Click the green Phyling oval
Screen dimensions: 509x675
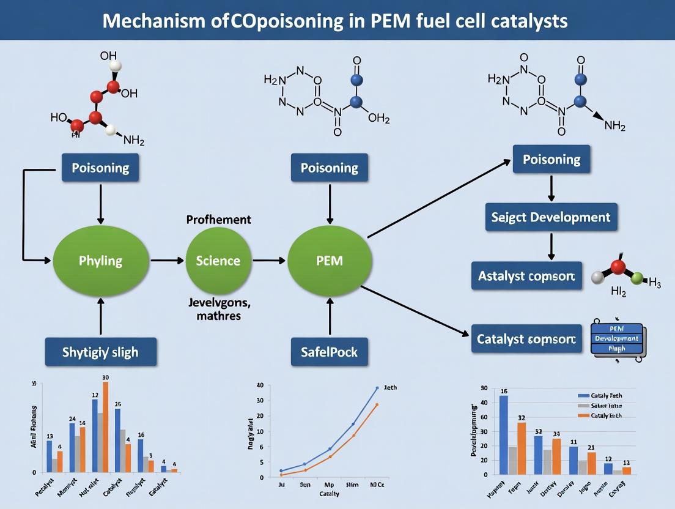click(x=100, y=261)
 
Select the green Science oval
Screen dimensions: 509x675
click(x=218, y=261)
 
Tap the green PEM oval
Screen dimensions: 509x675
click(x=330, y=261)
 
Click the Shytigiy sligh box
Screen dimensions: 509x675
click(x=100, y=352)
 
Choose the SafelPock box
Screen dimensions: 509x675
click(x=330, y=352)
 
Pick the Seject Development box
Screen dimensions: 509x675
click(x=551, y=217)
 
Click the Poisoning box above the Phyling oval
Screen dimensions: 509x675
click(x=100, y=168)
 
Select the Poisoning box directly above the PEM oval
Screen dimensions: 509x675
click(x=330, y=168)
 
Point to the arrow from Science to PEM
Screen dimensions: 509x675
click(x=269, y=261)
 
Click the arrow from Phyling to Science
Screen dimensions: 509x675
click(x=167, y=261)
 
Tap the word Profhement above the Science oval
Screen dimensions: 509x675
click(x=218, y=219)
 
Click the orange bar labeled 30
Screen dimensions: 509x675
click(x=106, y=426)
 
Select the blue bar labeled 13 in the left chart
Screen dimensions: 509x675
click(x=50, y=456)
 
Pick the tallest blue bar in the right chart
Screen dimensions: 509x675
click(x=504, y=434)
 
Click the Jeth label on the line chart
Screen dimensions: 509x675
click(x=389, y=388)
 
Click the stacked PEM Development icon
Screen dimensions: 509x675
click(x=616, y=338)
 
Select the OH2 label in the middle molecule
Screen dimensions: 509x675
click(x=378, y=119)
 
